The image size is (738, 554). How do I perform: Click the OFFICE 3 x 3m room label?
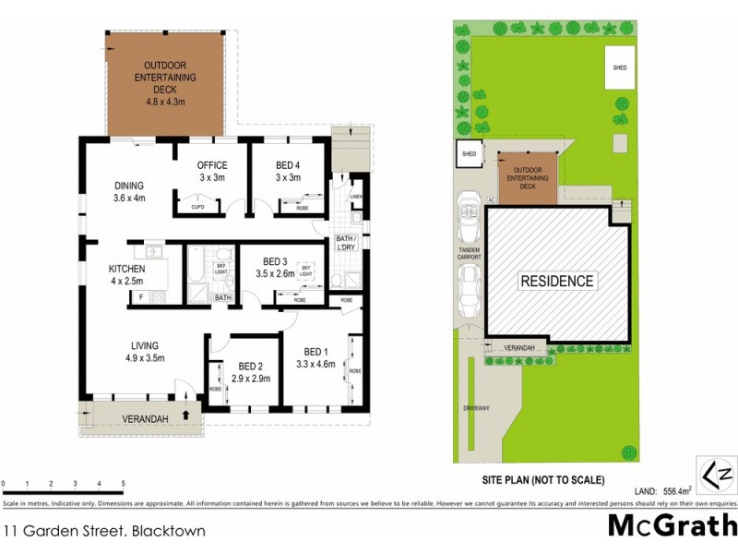(x=212, y=172)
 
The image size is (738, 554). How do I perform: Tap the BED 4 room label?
(x=288, y=172)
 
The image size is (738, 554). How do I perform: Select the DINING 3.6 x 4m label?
(x=129, y=191)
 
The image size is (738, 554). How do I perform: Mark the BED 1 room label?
(x=315, y=357)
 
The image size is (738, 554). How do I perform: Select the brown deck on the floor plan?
(x=166, y=83)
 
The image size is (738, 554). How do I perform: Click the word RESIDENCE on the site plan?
(x=557, y=281)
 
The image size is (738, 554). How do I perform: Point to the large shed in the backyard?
(x=619, y=68)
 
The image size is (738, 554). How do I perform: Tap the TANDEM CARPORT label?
(x=469, y=253)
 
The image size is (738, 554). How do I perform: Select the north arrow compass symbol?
(x=718, y=476)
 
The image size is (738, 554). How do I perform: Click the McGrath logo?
(x=671, y=526)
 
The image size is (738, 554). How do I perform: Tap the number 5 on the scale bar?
(x=123, y=484)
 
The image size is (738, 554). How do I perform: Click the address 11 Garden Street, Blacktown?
(x=103, y=531)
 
